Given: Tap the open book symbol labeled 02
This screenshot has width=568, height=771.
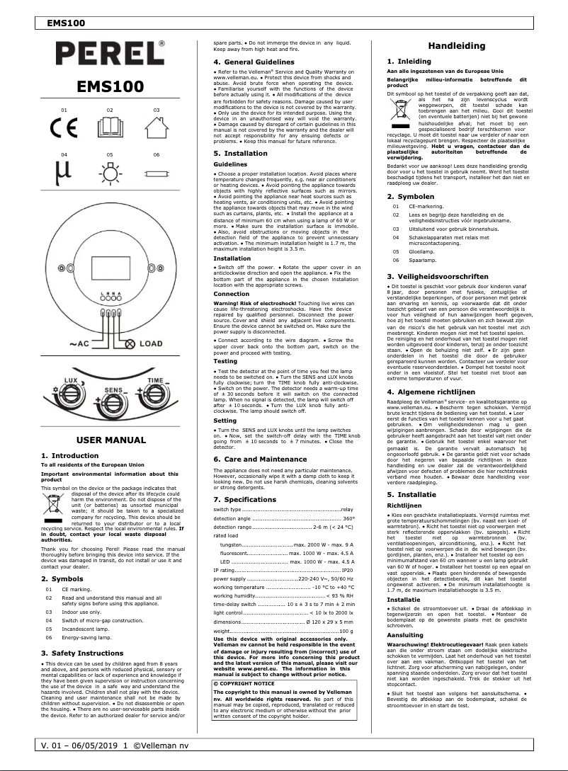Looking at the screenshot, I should point(110,130).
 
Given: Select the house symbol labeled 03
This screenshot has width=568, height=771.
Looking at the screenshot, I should point(155,130).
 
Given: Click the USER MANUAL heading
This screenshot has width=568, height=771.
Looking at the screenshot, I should point(110,440).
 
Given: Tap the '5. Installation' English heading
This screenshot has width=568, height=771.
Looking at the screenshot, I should point(241,152).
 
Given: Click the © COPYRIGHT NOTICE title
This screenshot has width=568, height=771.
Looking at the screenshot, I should point(245,664).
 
